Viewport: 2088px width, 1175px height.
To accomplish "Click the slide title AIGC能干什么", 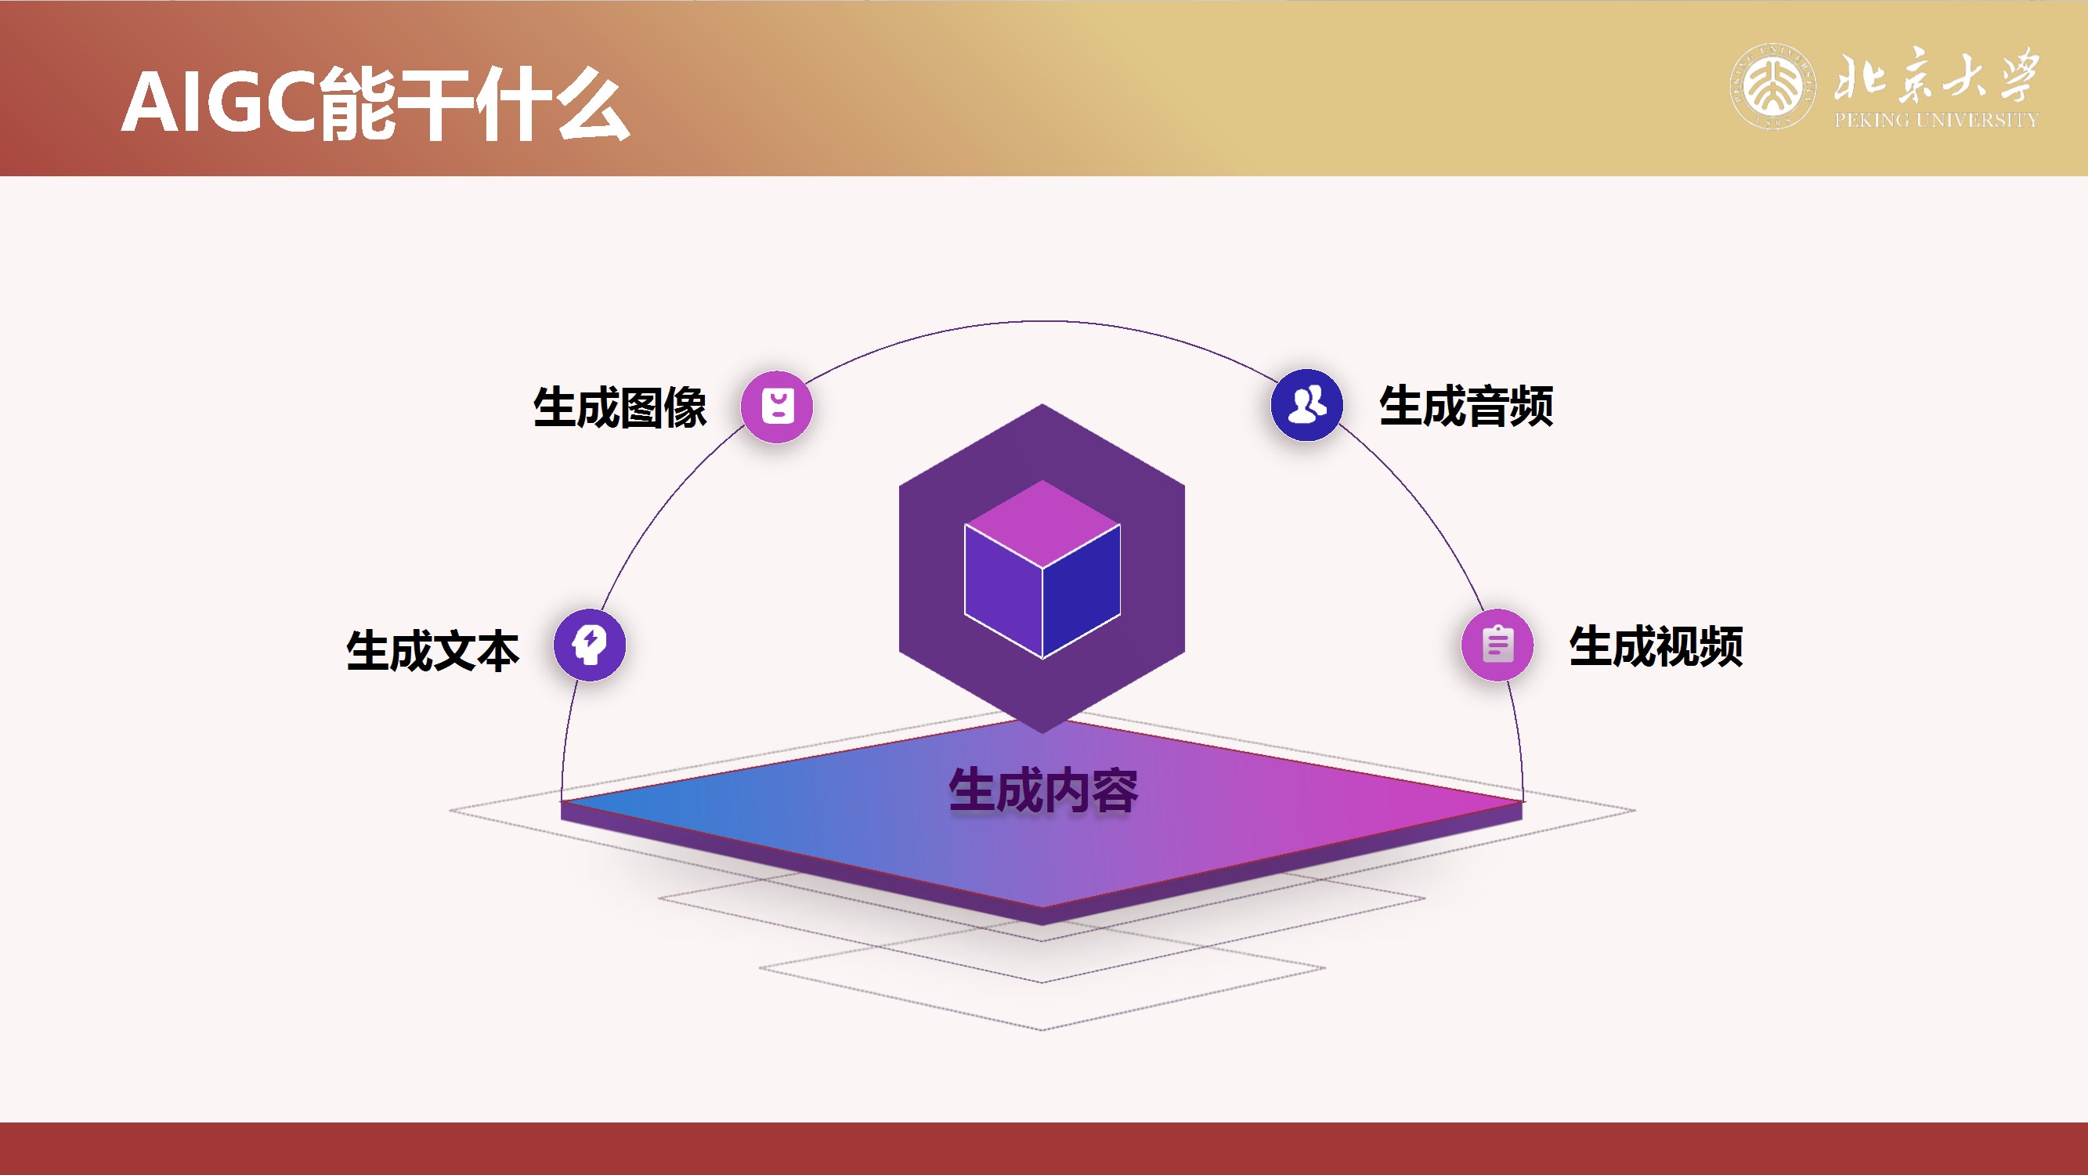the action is pos(374,104).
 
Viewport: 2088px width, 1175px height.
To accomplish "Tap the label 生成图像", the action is pos(620,407).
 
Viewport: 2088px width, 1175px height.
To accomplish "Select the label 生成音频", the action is pos(1465,406).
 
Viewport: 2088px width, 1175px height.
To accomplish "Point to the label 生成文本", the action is pos(432,650).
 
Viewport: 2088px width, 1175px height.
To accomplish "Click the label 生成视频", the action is pos(1655,646).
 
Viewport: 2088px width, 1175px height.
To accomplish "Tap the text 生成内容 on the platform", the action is pos(1043,790).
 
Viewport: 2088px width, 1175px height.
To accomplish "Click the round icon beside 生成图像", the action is pos(776,407).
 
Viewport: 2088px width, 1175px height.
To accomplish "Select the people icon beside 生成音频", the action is pos(1306,405).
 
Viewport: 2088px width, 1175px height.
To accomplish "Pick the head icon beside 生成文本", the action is pos(589,645).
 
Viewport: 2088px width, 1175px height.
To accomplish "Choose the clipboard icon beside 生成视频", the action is pos(1497,645).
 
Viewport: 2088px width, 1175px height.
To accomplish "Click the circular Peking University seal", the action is pos(1772,86).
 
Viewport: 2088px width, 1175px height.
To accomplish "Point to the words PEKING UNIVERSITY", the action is pos(1935,120).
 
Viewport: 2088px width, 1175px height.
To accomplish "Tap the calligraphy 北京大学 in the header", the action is pos(1935,74).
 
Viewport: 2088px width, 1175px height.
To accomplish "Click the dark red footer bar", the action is pos(1044,1148).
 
